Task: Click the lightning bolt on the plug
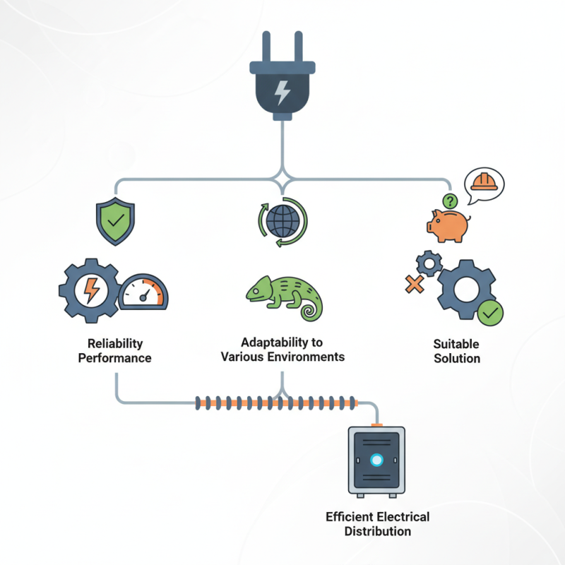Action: (282, 93)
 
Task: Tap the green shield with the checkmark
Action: (115, 221)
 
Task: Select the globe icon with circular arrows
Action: (283, 222)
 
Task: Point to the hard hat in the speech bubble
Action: (484, 182)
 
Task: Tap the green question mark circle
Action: (450, 201)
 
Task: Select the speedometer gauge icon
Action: (143, 292)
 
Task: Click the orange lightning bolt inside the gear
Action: (91, 290)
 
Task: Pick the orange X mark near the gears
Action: (415, 284)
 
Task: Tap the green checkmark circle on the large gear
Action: (490, 313)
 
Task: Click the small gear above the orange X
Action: (429, 263)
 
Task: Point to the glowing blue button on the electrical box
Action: (376, 460)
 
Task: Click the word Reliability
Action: (115, 343)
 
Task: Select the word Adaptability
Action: (282, 343)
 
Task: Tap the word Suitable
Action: (456, 344)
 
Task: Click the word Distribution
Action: (378, 531)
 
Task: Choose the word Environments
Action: (308, 357)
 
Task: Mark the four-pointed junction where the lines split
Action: (282, 179)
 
